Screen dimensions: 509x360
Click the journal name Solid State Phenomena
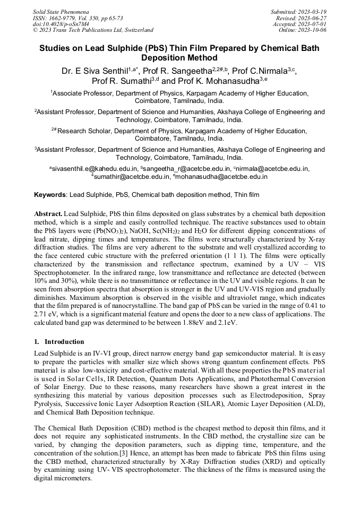point(61,11)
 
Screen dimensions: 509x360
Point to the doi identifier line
point(61,24)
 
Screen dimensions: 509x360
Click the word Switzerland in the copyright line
point(136,30)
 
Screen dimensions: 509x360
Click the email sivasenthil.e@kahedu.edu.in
point(93,169)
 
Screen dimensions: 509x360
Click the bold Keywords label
point(50,195)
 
